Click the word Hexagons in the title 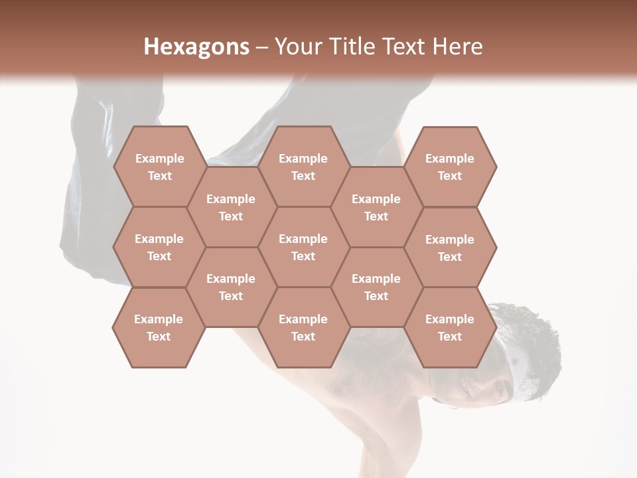(x=196, y=46)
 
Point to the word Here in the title (x=457, y=46)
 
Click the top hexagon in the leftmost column (x=159, y=167)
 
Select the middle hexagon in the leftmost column (x=159, y=247)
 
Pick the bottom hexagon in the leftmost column (x=159, y=327)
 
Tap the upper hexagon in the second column (x=231, y=207)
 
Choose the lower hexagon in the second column (x=231, y=287)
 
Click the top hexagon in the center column (x=303, y=167)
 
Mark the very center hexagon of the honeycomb (x=303, y=247)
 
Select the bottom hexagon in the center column (x=303, y=327)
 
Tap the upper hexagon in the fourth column (x=376, y=207)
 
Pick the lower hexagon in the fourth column (x=376, y=287)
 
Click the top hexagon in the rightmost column (x=450, y=167)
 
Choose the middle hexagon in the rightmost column (x=450, y=248)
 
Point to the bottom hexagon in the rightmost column (x=450, y=327)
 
